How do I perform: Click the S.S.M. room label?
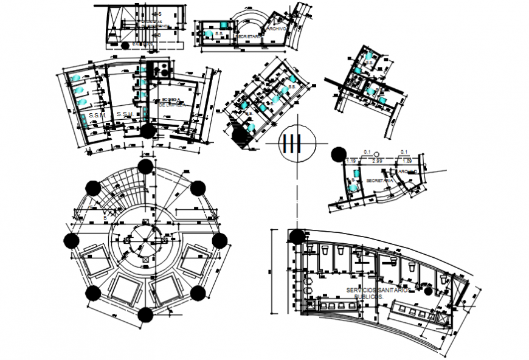pos(97,114)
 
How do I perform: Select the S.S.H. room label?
pos(125,114)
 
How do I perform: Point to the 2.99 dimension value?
pos(377,161)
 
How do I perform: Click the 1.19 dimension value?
pos(351,161)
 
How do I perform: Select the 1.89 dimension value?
pos(408,161)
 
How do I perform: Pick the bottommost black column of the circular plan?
pos(145,314)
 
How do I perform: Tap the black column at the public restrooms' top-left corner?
pos(297,237)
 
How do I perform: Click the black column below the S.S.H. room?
pos(148,131)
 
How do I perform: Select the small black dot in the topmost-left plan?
pos(125,45)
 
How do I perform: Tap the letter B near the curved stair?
pos(105,217)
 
